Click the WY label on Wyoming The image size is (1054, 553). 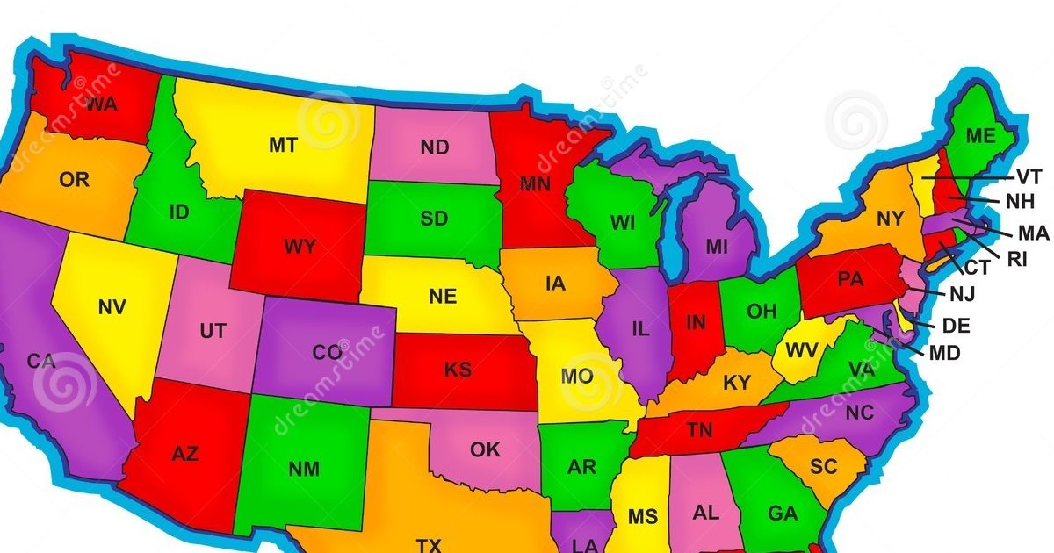click(300, 247)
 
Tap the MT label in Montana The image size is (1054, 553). click(283, 146)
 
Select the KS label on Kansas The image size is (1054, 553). click(458, 370)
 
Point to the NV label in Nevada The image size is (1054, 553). click(112, 307)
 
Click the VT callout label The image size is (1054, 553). click(1029, 176)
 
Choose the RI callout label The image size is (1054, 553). click(1017, 258)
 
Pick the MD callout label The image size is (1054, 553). click(944, 352)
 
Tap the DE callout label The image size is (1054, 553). click(956, 326)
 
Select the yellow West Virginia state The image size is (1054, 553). click(801, 350)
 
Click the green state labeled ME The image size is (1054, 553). click(980, 136)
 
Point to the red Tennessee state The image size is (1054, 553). click(699, 430)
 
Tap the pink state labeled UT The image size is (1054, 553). click(213, 331)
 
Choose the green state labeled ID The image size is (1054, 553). click(178, 212)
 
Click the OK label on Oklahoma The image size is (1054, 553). click(485, 450)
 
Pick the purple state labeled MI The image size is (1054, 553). click(717, 247)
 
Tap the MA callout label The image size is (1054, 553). click(1033, 233)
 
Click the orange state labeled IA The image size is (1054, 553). click(555, 284)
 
